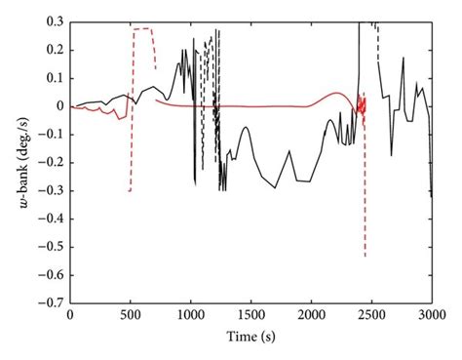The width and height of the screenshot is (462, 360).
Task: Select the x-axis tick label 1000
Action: (190, 317)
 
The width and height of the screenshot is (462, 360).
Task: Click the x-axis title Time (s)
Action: (250, 338)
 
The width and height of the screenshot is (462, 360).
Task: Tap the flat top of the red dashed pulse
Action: (142, 29)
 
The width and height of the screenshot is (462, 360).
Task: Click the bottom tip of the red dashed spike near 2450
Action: (366, 257)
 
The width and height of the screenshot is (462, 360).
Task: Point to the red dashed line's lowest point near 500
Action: (130, 191)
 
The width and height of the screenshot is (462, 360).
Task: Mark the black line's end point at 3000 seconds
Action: (432, 197)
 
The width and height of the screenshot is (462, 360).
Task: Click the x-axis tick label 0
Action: (70, 317)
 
